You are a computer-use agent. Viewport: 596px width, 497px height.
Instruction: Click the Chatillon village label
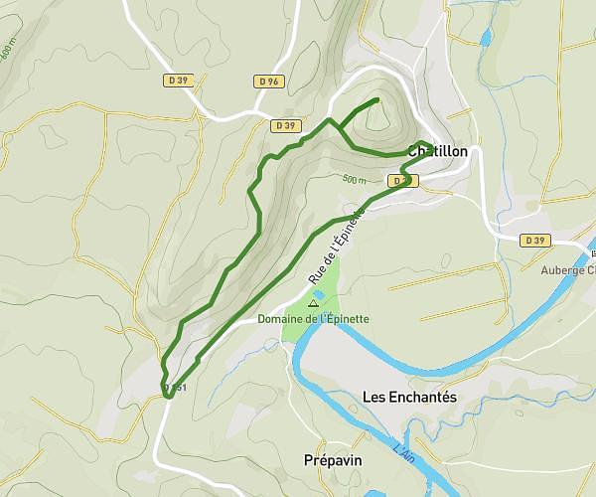click(x=437, y=151)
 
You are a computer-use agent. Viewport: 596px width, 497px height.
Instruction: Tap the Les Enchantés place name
click(x=409, y=397)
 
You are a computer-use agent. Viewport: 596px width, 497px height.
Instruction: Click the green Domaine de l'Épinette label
click(x=314, y=319)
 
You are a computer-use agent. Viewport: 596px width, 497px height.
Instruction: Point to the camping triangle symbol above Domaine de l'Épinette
click(x=314, y=303)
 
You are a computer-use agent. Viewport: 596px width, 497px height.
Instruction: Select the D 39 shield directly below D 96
click(x=285, y=125)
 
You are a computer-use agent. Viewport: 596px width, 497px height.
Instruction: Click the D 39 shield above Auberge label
click(x=534, y=241)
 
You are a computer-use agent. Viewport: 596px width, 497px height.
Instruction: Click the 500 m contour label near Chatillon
click(x=354, y=180)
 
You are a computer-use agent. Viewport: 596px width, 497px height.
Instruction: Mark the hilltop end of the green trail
click(x=376, y=100)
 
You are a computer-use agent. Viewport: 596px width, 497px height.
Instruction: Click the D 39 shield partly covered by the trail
click(x=401, y=181)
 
